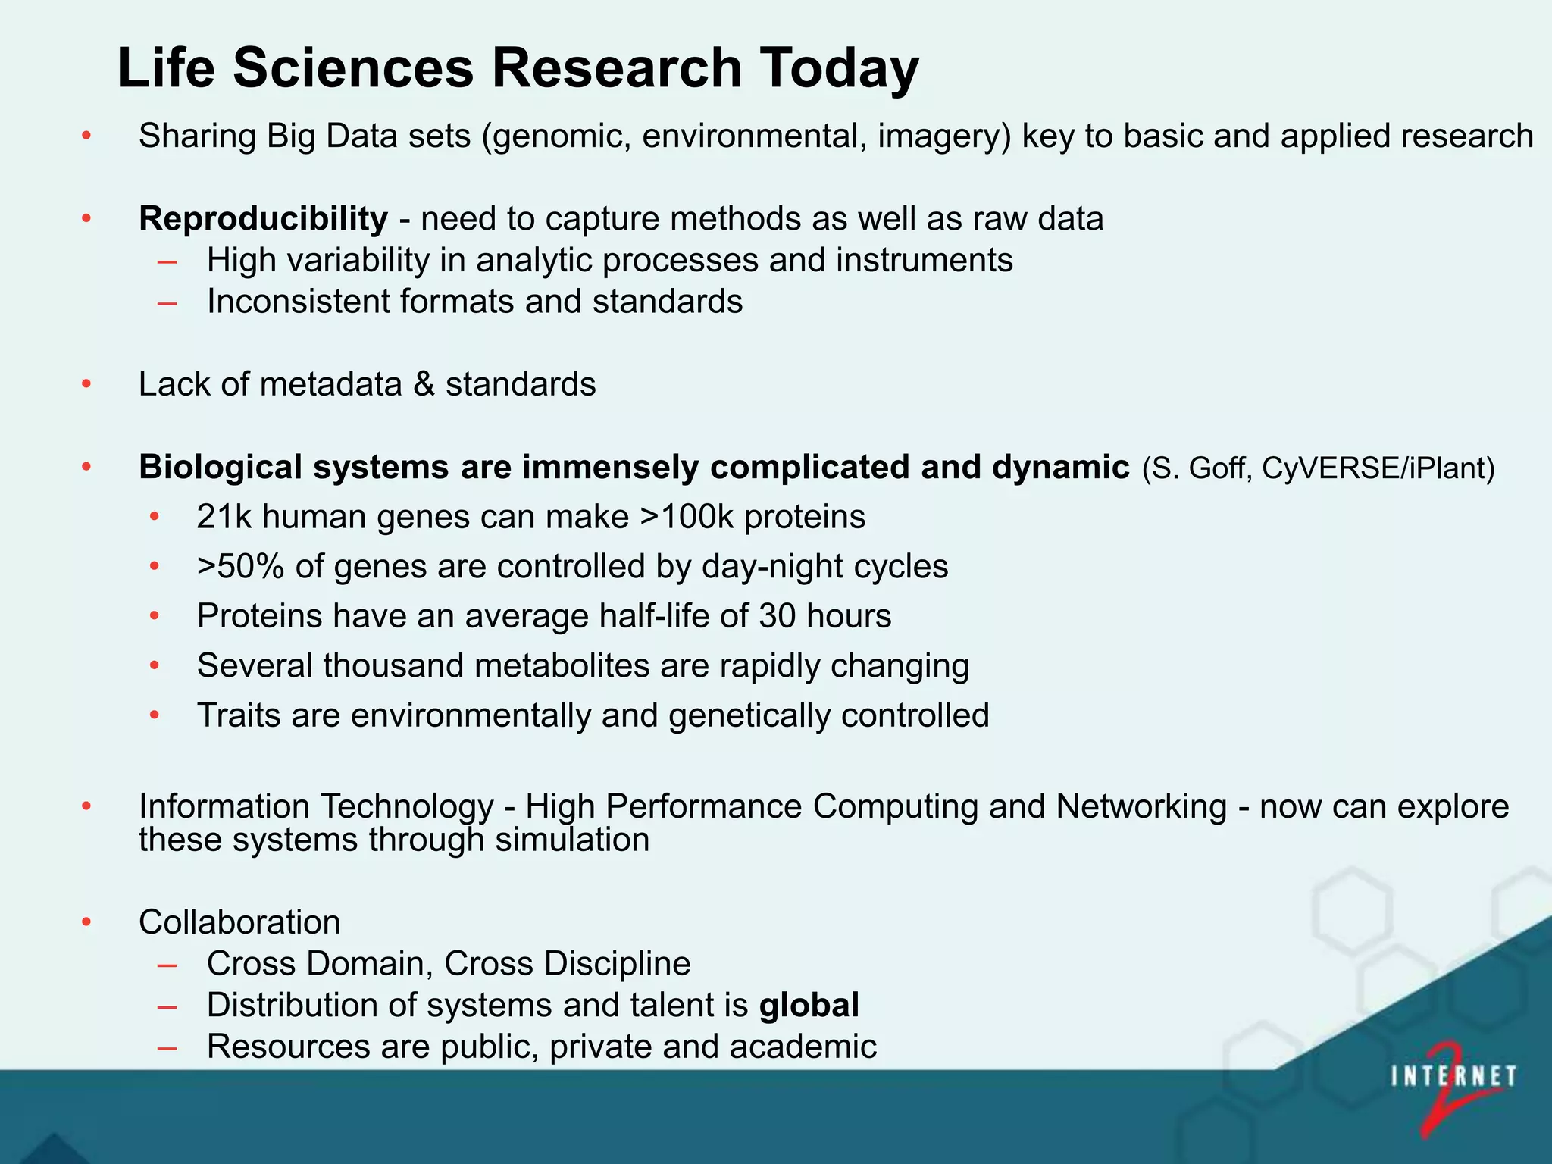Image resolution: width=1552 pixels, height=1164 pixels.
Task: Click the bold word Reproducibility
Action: pos(263,219)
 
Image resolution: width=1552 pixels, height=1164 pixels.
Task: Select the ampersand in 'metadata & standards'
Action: pos(424,384)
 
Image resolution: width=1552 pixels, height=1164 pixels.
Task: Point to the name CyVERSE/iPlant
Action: pos(1372,468)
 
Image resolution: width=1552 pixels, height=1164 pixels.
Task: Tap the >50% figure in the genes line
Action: pos(240,567)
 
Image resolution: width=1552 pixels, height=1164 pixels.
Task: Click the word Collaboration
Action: pos(239,922)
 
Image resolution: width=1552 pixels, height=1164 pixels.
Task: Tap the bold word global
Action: pos(809,1006)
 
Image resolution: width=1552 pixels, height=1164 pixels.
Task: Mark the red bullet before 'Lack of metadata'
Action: pos(86,384)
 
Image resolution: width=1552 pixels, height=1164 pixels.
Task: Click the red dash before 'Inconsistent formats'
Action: pos(167,303)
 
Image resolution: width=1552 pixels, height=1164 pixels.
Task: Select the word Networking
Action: pos(1141,806)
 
